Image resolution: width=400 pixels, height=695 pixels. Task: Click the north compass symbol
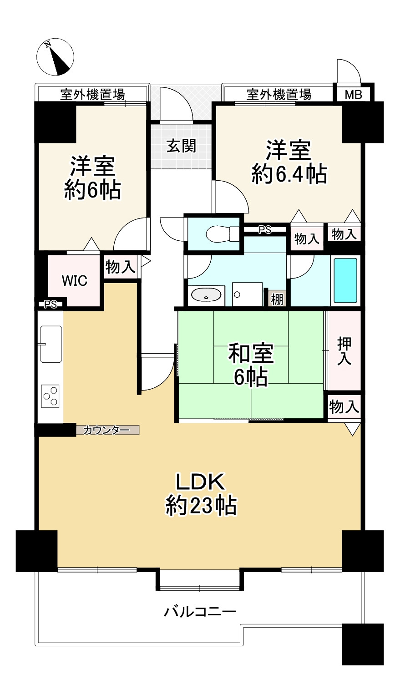pyautogui.click(x=55, y=57)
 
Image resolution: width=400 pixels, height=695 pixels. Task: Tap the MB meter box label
pyautogui.click(x=354, y=94)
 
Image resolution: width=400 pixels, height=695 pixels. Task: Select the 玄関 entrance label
pyautogui.click(x=181, y=146)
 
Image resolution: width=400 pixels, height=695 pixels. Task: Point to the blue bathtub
pyautogui.click(x=345, y=280)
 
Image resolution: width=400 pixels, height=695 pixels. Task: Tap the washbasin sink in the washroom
pyautogui.click(x=206, y=295)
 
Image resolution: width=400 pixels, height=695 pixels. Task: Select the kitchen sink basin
pyautogui.click(x=51, y=344)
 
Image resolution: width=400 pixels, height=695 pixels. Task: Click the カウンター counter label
pyautogui.click(x=106, y=430)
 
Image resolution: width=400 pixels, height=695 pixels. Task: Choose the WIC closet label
pyautogui.click(x=75, y=280)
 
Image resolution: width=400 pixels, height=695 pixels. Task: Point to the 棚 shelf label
pyautogui.click(x=277, y=299)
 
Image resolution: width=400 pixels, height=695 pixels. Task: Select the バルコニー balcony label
pyautogui.click(x=200, y=612)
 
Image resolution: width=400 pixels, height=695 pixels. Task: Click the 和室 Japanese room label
pyautogui.click(x=251, y=353)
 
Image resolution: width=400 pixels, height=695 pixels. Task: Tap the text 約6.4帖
pyautogui.click(x=289, y=174)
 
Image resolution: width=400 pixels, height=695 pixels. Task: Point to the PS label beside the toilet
pyautogui.click(x=265, y=229)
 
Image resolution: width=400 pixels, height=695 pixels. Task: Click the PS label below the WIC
pyautogui.click(x=50, y=304)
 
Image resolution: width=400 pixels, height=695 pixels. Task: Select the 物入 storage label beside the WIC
pyautogui.click(x=120, y=267)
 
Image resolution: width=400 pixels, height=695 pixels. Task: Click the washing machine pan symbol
pyautogui.click(x=247, y=294)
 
